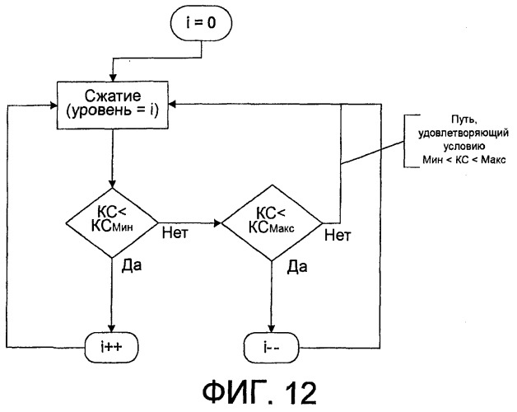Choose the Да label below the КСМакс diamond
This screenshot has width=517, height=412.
(290, 267)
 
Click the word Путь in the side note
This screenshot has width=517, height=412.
(456, 119)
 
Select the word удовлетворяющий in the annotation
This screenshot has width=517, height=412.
(456, 131)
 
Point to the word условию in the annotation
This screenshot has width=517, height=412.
(456, 143)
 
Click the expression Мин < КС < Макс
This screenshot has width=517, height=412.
(456, 156)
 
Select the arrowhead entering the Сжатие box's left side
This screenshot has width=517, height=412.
(53, 105)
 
